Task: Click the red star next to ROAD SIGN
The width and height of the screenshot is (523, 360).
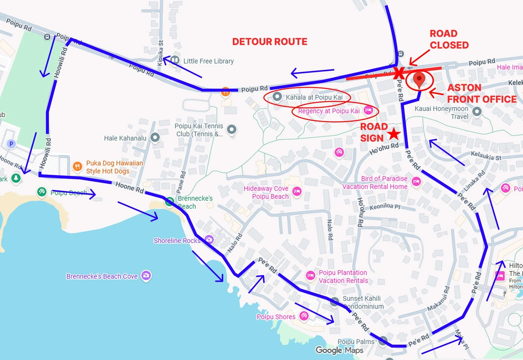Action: [x=394, y=133]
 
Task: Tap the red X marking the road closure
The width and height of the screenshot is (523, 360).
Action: [x=397, y=73]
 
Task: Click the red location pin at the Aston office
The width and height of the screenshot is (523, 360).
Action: [x=419, y=80]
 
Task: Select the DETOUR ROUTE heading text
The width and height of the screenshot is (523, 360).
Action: [x=269, y=42]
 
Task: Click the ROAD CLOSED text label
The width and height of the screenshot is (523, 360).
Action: [x=449, y=39]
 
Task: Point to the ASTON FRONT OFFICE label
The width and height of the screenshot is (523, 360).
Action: [x=481, y=93]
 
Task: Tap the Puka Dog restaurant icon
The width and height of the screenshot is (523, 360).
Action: [x=78, y=166]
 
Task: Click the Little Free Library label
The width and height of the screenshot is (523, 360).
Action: [x=208, y=61]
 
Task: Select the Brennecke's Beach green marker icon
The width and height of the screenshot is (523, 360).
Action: [x=170, y=202]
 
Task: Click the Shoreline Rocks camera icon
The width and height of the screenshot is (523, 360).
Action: [x=209, y=240]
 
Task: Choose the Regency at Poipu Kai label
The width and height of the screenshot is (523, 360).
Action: [x=329, y=111]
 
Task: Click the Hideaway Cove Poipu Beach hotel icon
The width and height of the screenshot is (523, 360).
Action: [x=297, y=191]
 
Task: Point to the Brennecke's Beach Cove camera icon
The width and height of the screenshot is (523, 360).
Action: [x=146, y=275]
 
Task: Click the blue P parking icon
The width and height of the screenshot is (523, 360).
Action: [x=12, y=143]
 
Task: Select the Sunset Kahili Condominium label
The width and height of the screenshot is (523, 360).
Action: [x=362, y=302]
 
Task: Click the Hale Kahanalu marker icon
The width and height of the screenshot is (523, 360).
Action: [x=155, y=138]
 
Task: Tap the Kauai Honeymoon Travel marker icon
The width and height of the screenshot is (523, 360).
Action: [x=476, y=112]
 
